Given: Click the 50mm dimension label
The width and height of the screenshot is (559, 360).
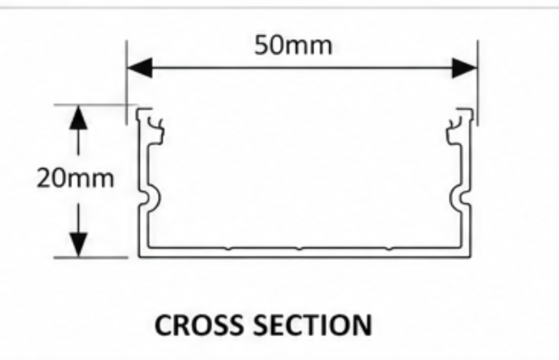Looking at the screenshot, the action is click(293, 45).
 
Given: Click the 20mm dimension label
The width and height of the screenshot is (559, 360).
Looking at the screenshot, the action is click(75, 178).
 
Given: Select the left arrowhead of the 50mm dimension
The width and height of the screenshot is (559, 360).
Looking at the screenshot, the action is click(140, 67).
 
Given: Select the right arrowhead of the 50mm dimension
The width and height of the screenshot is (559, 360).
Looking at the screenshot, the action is click(464, 67).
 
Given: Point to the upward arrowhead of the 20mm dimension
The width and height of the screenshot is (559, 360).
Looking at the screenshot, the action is click(78, 117).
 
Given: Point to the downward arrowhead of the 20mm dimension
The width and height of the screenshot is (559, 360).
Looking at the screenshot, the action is click(78, 245).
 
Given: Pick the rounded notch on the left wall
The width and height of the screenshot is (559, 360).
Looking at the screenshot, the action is click(149, 198).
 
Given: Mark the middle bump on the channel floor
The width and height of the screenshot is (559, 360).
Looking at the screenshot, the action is click(300, 248).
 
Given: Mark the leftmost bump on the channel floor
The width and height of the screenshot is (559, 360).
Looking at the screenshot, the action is click(229, 248).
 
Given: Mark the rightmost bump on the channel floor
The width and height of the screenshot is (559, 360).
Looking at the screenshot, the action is click(389, 248).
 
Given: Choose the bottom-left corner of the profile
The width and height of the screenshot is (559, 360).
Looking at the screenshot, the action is click(139, 257).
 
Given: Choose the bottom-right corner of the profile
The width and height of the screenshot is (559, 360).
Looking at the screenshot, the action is click(471, 257).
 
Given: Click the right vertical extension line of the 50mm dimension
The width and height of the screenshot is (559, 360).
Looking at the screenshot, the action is click(477, 82).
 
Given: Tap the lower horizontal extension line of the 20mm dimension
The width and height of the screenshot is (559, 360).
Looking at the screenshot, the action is click(90, 257).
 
